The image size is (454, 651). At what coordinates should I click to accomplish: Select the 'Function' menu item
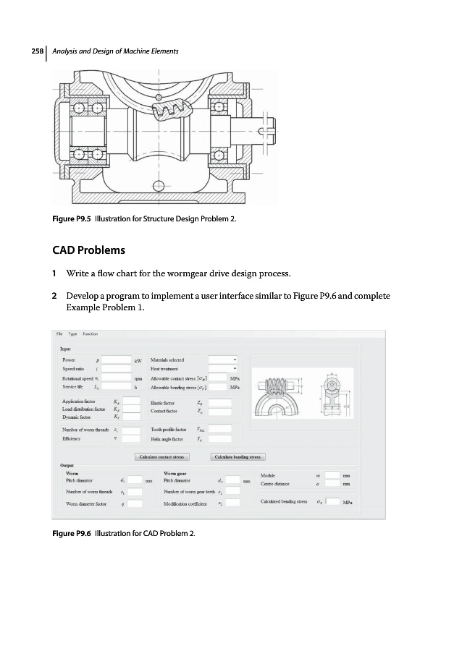pyautogui.click(x=90, y=334)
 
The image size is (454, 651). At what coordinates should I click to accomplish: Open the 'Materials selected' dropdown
pyautogui.click(x=223, y=359)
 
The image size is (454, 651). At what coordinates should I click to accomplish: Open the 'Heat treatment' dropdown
pyautogui.click(x=223, y=369)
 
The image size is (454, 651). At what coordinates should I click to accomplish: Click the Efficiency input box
pyautogui.click(x=131, y=439)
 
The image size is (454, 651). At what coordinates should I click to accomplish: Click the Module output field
pyautogui.click(x=332, y=475)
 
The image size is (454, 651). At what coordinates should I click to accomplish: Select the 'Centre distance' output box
pyautogui.click(x=332, y=485)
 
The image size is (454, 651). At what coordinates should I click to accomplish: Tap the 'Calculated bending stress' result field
pyautogui.click(x=333, y=501)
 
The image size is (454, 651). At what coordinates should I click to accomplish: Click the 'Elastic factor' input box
pyautogui.click(x=220, y=403)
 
